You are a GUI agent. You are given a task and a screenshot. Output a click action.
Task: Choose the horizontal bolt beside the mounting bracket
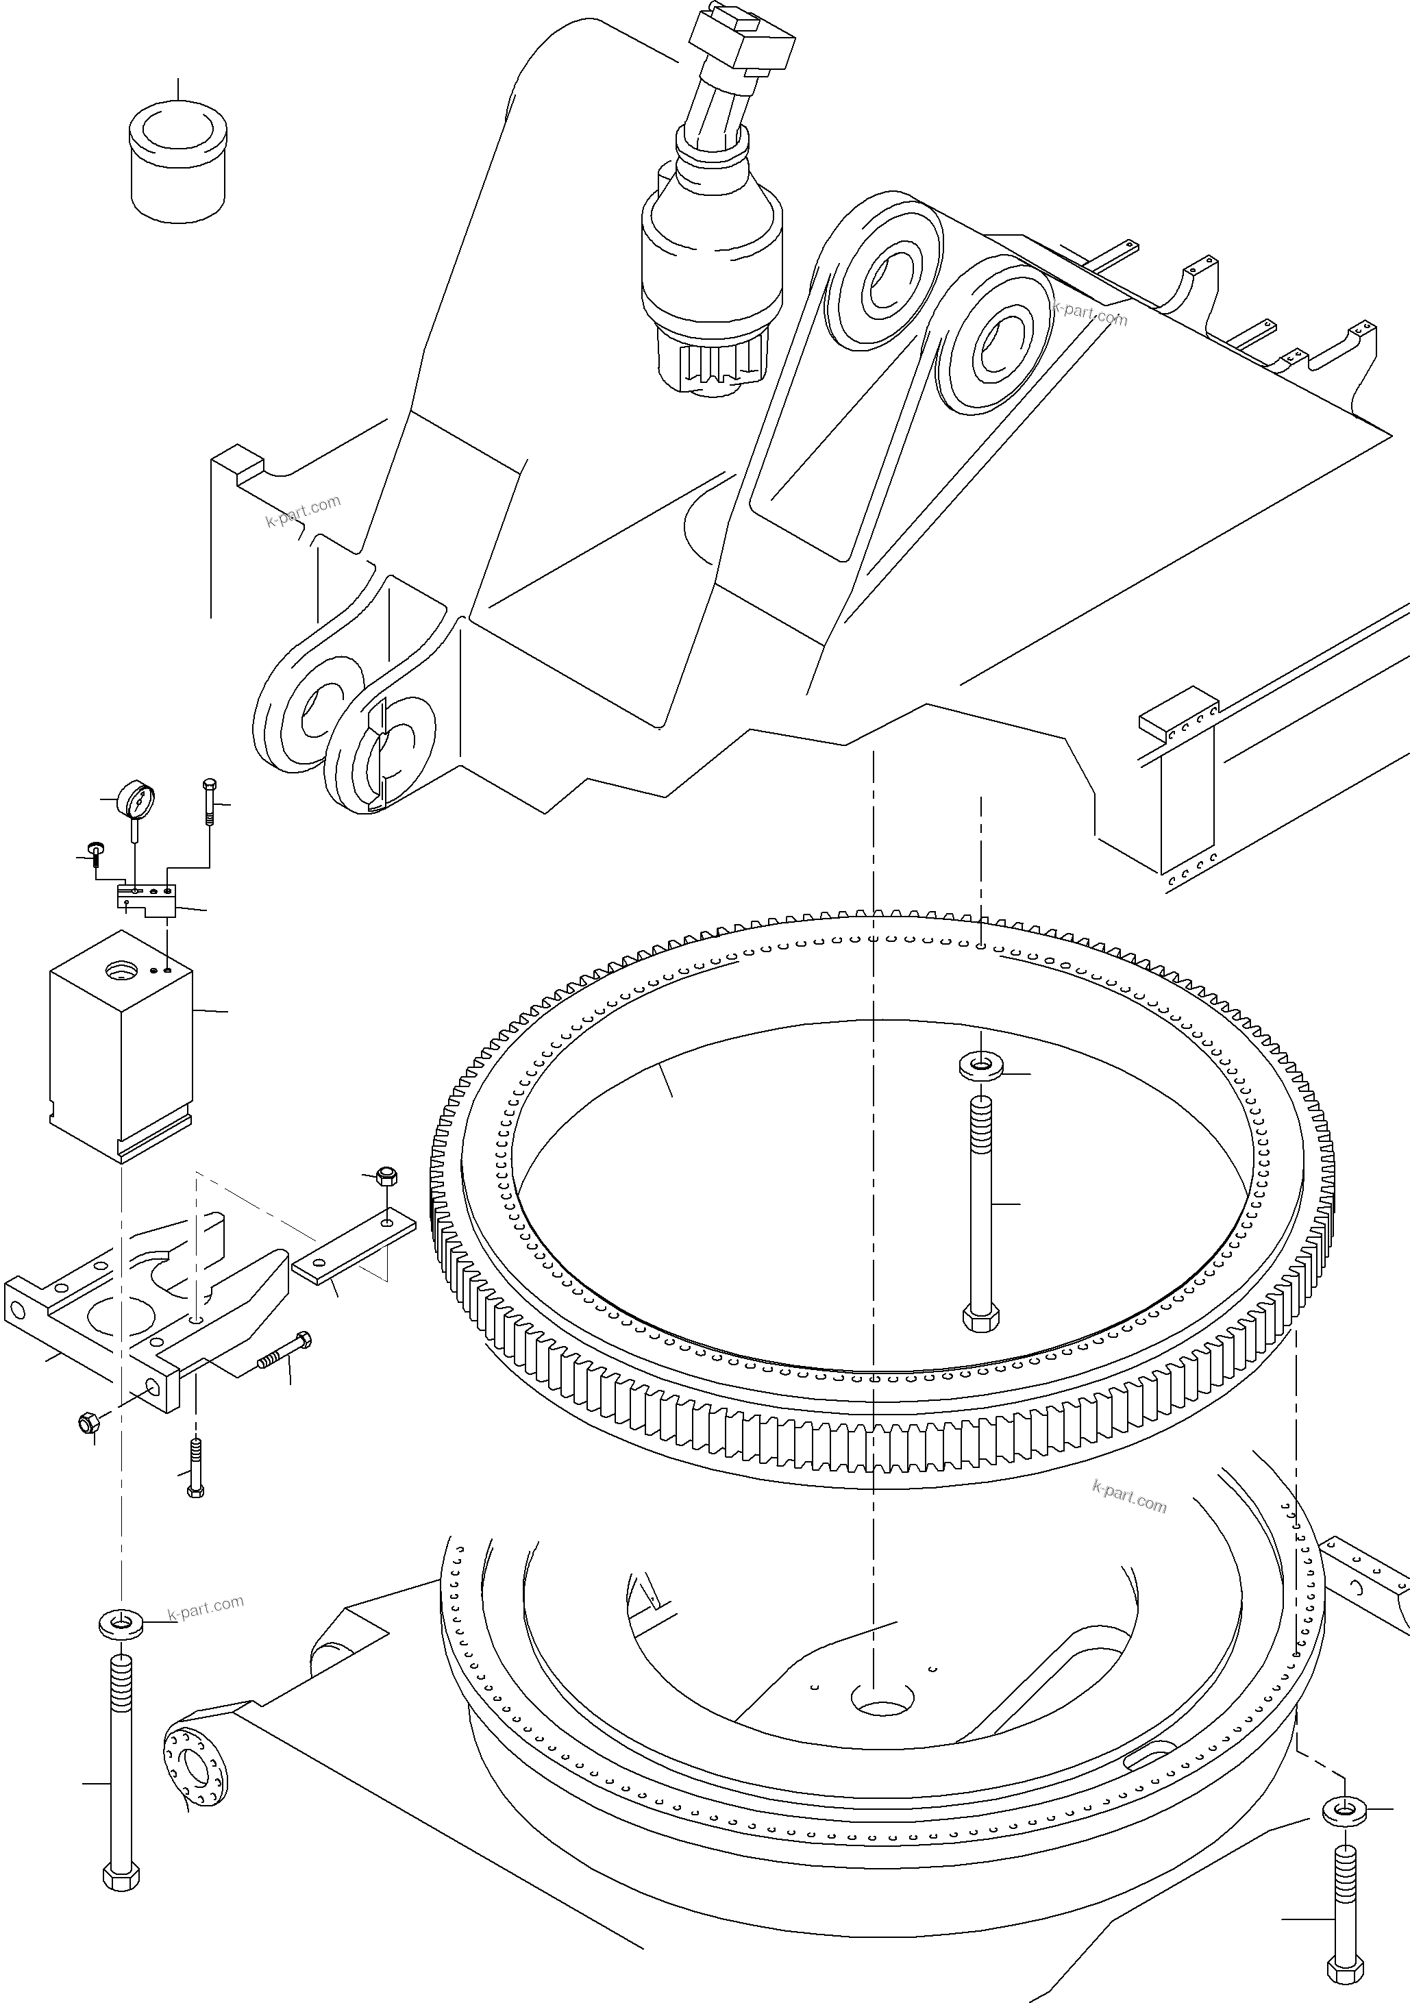pos(284,1374)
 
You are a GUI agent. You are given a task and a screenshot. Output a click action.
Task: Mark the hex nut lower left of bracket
pos(88,1426)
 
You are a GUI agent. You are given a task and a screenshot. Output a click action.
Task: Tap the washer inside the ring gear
pos(980,1065)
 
